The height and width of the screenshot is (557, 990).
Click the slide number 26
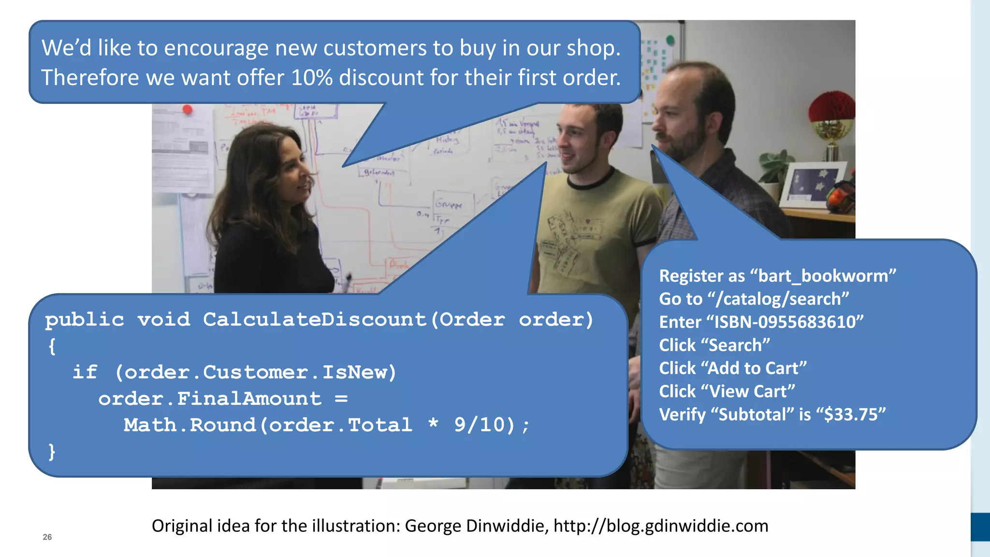[47, 537]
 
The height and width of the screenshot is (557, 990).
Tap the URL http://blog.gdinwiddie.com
[661, 526]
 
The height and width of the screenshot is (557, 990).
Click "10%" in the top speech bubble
[311, 77]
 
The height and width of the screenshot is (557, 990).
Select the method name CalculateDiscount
[315, 320]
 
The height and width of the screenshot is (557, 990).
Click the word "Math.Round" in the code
[189, 425]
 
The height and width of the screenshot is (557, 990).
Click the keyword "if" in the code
[85, 372]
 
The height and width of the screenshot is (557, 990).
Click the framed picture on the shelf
[813, 184]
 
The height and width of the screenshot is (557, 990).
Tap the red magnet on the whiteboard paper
[188, 110]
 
